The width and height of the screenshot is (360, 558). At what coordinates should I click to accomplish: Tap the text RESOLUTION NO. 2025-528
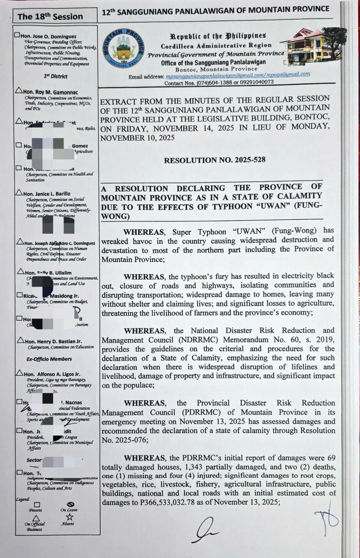214,160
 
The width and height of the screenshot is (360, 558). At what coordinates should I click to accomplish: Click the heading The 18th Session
50,16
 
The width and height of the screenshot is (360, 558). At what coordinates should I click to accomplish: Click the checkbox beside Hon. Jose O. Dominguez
18,35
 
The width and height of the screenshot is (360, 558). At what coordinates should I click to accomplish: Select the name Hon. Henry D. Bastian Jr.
53,341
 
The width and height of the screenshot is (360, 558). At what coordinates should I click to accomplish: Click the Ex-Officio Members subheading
49,359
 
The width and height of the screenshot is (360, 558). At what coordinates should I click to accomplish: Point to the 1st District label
55,76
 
